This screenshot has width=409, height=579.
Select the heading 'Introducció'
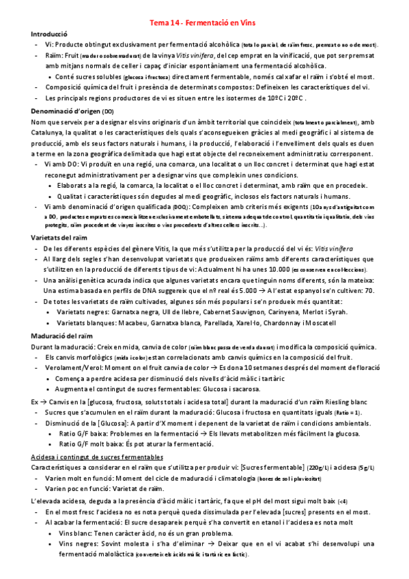click(49, 33)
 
